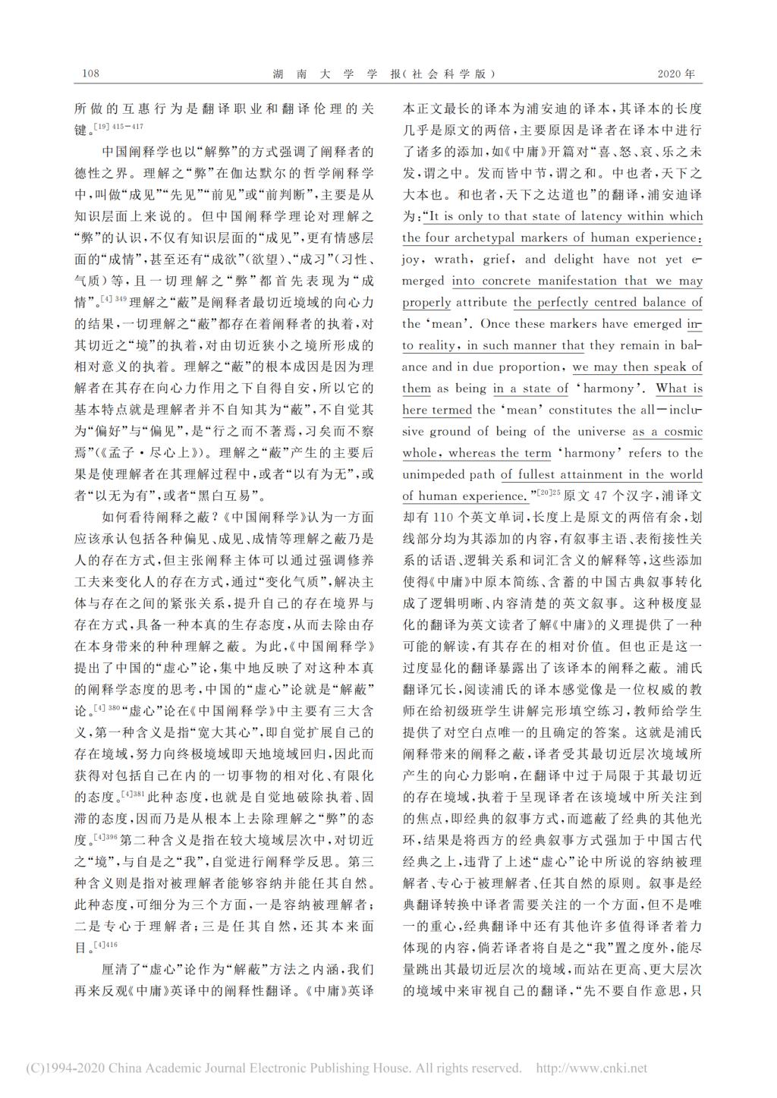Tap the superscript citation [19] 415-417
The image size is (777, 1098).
[117, 126]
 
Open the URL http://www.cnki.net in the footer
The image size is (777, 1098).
[591, 1068]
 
